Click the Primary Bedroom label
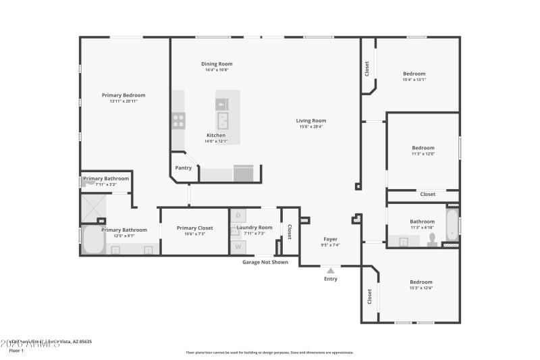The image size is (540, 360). pyautogui.click(x=124, y=95)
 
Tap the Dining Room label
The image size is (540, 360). pyautogui.click(x=217, y=63)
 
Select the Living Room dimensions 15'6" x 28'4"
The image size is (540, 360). pyautogui.click(x=311, y=126)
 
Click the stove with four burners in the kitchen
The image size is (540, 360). pyautogui.click(x=179, y=120)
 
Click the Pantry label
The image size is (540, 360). pyautogui.click(x=183, y=168)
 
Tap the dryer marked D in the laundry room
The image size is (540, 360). pyautogui.click(x=238, y=215)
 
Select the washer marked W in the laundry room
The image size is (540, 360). pyautogui.click(x=238, y=247)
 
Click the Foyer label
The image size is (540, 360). pyautogui.click(x=330, y=238)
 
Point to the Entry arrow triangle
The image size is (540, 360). pyautogui.click(x=331, y=269)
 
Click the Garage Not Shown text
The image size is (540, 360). pyautogui.click(x=265, y=262)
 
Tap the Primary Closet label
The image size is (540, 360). pyautogui.click(x=194, y=228)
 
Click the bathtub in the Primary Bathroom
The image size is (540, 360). pyautogui.click(x=91, y=240)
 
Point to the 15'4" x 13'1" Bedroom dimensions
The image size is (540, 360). pyautogui.click(x=414, y=80)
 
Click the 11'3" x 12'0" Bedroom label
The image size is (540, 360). pyautogui.click(x=423, y=147)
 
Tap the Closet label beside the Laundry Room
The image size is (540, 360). pyautogui.click(x=290, y=231)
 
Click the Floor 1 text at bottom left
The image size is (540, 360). pyautogui.click(x=16, y=351)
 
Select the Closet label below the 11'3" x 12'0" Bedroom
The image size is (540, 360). pyautogui.click(x=428, y=194)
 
